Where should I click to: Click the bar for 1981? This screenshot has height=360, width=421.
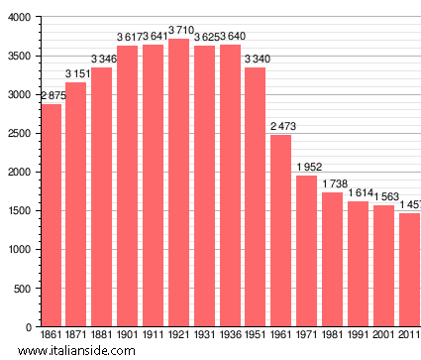(x=332, y=259)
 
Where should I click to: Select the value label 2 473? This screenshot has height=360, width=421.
(x=282, y=127)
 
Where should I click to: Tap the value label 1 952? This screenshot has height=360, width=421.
(x=308, y=167)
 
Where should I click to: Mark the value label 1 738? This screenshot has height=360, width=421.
(x=334, y=183)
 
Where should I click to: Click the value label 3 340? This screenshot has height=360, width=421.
(x=257, y=60)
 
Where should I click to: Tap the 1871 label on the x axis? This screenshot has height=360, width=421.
(x=76, y=335)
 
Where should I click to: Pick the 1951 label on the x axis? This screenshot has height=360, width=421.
(x=255, y=335)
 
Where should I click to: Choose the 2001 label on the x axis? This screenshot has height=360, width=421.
(x=383, y=335)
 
